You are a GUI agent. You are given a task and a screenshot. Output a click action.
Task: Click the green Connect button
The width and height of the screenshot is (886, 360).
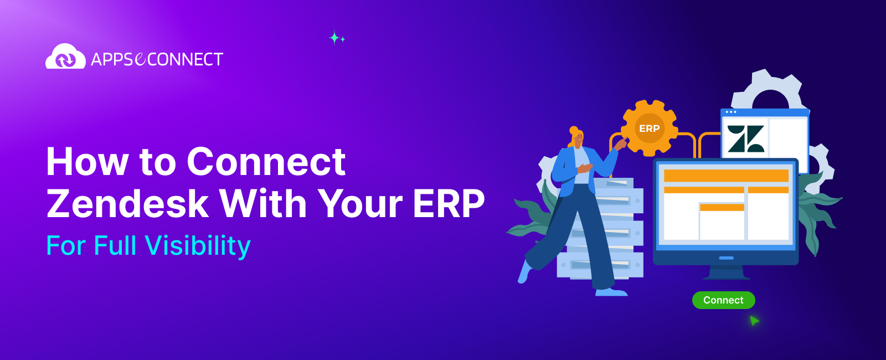pos(723,300)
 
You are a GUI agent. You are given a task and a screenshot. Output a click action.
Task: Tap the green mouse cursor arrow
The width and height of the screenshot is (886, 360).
pos(754,321)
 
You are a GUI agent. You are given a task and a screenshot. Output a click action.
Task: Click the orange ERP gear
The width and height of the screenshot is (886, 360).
pos(649,128)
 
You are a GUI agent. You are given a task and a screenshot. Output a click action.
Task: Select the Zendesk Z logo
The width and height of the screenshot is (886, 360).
pos(745,138)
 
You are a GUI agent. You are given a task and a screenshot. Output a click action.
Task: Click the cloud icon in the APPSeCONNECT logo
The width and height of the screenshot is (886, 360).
pos(65,57)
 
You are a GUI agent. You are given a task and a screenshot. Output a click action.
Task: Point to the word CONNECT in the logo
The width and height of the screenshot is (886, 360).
pos(186,59)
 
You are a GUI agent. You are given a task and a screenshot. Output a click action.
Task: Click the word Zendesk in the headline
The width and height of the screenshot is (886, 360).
pos(127,203)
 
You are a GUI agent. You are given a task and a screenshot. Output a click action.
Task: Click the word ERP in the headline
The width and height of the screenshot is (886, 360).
pos(449,203)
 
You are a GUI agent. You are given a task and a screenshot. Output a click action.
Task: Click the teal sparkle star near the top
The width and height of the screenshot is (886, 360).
pos(335,38)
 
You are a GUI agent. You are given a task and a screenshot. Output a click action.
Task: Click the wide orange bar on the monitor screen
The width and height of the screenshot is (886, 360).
pos(726,176)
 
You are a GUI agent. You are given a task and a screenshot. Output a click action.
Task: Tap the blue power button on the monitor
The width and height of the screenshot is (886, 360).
pos(726,258)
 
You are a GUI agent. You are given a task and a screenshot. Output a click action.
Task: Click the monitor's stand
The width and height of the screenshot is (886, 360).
pos(726,272)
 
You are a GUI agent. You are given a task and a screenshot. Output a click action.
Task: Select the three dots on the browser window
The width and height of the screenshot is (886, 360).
pos(731,112)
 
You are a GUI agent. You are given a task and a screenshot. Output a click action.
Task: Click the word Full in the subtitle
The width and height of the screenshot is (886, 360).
pos(115,246)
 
